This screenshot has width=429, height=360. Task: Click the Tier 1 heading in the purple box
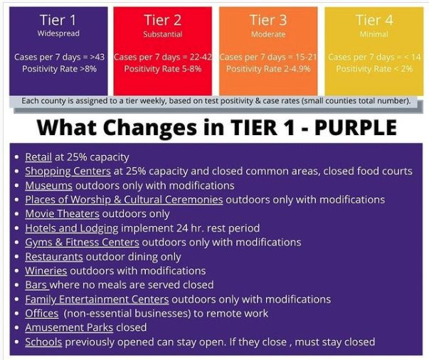click(x=58, y=20)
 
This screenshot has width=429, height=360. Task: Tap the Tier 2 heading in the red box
click(x=162, y=20)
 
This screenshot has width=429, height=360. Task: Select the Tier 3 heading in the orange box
click(x=268, y=20)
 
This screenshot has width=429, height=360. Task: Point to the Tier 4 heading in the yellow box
click(x=374, y=20)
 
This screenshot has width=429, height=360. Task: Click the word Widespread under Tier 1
click(x=58, y=33)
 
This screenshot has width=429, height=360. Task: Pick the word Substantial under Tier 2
click(x=163, y=34)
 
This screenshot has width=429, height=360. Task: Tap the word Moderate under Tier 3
click(x=268, y=34)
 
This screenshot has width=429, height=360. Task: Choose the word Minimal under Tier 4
click(x=374, y=34)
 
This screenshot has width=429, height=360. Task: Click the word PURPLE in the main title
click(x=356, y=128)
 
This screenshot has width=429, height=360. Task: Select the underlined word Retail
click(x=38, y=157)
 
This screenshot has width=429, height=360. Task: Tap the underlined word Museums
click(x=48, y=186)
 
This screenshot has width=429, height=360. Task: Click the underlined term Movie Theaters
click(x=62, y=213)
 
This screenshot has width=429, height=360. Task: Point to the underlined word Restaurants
click(x=54, y=257)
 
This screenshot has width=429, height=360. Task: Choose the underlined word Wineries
click(x=46, y=271)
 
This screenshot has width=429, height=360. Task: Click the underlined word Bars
click(x=36, y=285)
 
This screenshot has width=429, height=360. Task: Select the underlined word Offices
click(x=42, y=314)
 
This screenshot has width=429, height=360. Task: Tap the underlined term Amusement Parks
click(x=69, y=327)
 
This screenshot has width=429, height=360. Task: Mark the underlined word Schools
click(x=43, y=342)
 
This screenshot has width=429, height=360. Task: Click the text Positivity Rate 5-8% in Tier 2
click(x=163, y=69)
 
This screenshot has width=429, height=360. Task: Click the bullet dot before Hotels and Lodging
click(x=17, y=228)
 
